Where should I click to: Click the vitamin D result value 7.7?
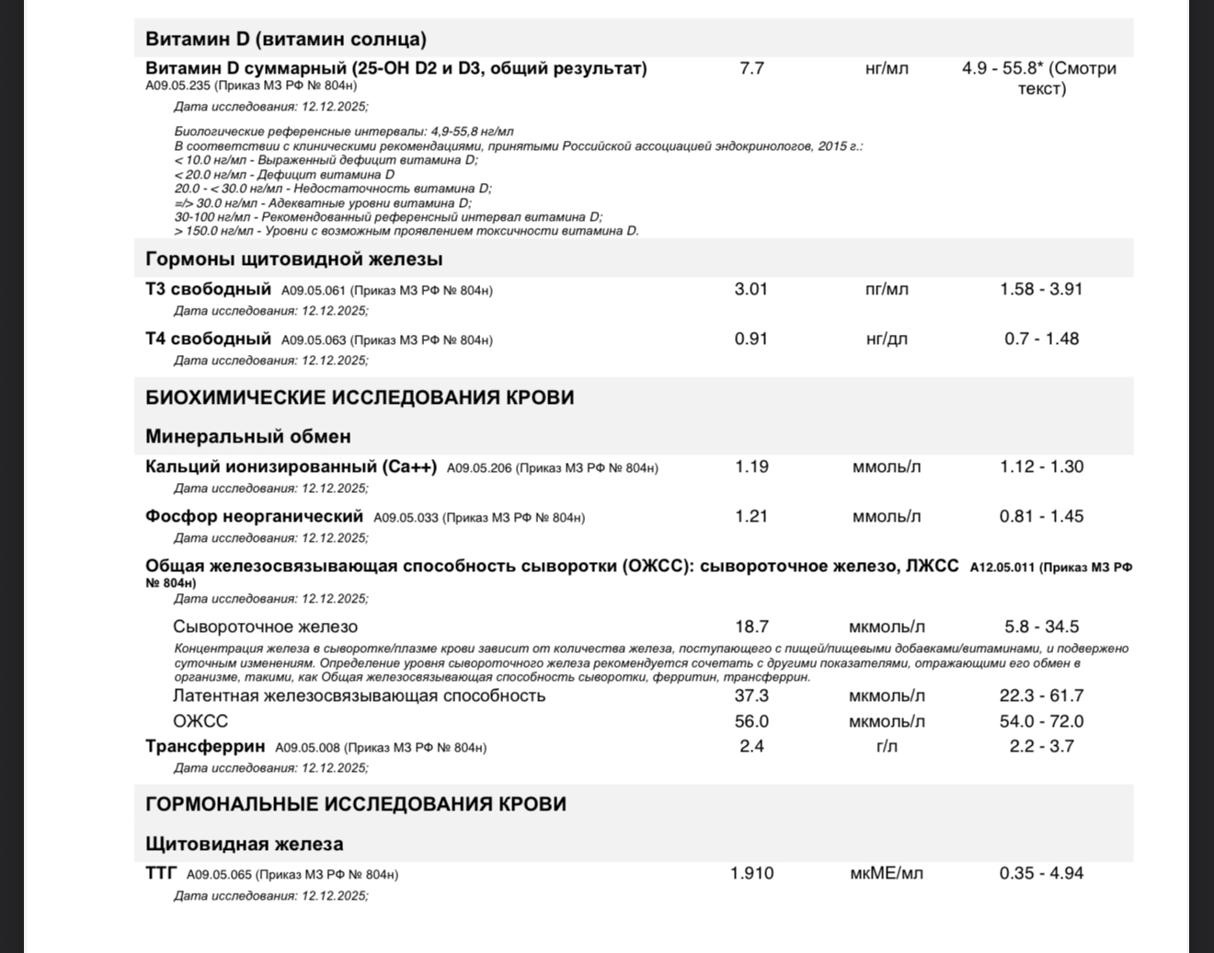pyautogui.click(x=751, y=68)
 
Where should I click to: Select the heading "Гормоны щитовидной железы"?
pyautogui.click(x=293, y=258)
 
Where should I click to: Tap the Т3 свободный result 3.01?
pyautogui.click(x=750, y=289)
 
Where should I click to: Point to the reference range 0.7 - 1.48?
pyautogui.click(x=1041, y=339)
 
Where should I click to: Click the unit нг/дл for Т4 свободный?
pyautogui.click(x=887, y=339)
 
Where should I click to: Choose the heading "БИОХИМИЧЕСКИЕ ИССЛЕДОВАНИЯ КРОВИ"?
pyautogui.click(x=360, y=397)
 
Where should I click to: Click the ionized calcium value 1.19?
pyautogui.click(x=751, y=466)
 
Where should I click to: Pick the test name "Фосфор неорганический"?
pyautogui.click(x=254, y=516)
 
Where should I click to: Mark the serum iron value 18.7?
pyautogui.click(x=751, y=626)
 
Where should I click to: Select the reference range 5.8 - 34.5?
pyautogui.click(x=1041, y=626)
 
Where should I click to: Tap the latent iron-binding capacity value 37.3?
pyautogui.click(x=751, y=695)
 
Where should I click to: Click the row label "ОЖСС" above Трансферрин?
pyautogui.click(x=200, y=721)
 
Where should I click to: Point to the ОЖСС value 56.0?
pyautogui.click(x=751, y=721)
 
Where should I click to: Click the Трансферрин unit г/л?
pyautogui.click(x=887, y=746)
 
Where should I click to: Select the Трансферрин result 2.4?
pyautogui.click(x=751, y=746)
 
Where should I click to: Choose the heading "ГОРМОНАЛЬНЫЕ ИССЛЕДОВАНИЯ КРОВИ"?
pyautogui.click(x=355, y=804)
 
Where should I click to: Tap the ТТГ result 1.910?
pyautogui.click(x=751, y=873)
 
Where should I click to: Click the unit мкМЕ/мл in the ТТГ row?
pyautogui.click(x=887, y=873)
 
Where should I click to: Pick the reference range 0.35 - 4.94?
pyautogui.click(x=1041, y=873)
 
